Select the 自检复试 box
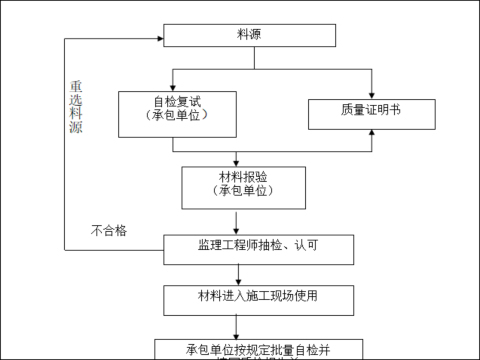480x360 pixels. pyautogui.click(x=177, y=112)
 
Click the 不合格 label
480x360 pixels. pyautogui.click(x=109, y=231)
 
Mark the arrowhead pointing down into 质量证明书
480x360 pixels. pyautogui.click(x=371, y=94)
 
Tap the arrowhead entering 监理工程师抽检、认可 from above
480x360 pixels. pyautogui.click(x=236, y=231)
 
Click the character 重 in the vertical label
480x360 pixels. pyautogui.click(x=76, y=87)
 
